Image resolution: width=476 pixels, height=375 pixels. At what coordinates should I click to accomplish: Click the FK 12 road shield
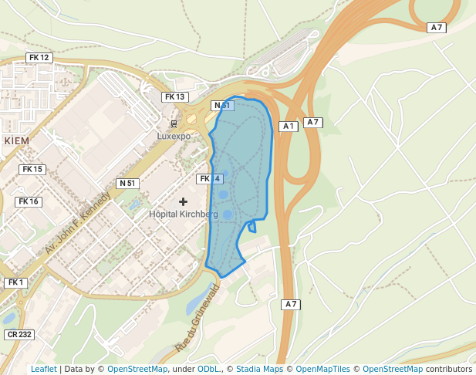click(x=38, y=58)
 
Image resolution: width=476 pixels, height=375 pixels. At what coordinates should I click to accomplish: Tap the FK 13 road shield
click(x=174, y=97)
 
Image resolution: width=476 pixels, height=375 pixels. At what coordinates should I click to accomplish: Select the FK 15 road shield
click(x=33, y=170)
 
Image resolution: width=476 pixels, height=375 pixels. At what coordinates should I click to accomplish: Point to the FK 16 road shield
click(x=28, y=201)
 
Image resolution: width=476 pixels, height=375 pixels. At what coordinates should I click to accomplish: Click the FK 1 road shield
click(x=14, y=283)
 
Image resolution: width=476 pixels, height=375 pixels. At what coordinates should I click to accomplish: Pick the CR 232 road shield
click(x=19, y=335)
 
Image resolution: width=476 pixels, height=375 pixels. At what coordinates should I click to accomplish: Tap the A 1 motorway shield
click(x=289, y=126)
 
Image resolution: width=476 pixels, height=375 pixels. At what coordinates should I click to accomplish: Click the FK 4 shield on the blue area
click(x=210, y=179)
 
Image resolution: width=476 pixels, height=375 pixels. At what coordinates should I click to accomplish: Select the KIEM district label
click(x=17, y=141)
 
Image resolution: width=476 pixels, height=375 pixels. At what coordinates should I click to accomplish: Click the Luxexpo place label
click(x=174, y=137)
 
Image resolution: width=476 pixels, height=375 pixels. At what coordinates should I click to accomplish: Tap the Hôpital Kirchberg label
click(x=184, y=214)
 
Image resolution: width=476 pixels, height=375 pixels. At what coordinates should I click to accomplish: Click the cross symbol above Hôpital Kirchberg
click(x=183, y=201)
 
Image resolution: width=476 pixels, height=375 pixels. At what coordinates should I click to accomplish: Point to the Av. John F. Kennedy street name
click(x=77, y=223)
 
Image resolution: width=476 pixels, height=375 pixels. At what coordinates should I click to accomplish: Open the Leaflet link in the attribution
click(x=43, y=369)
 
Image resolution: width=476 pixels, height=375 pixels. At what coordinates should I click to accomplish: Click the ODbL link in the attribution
click(x=208, y=369)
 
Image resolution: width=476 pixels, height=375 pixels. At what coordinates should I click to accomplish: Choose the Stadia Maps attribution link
click(x=258, y=369)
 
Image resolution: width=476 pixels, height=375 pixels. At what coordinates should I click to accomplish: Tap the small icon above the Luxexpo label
click(x=174, y=123)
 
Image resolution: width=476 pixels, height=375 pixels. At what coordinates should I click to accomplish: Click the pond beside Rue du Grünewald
click(x=194, y=299)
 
